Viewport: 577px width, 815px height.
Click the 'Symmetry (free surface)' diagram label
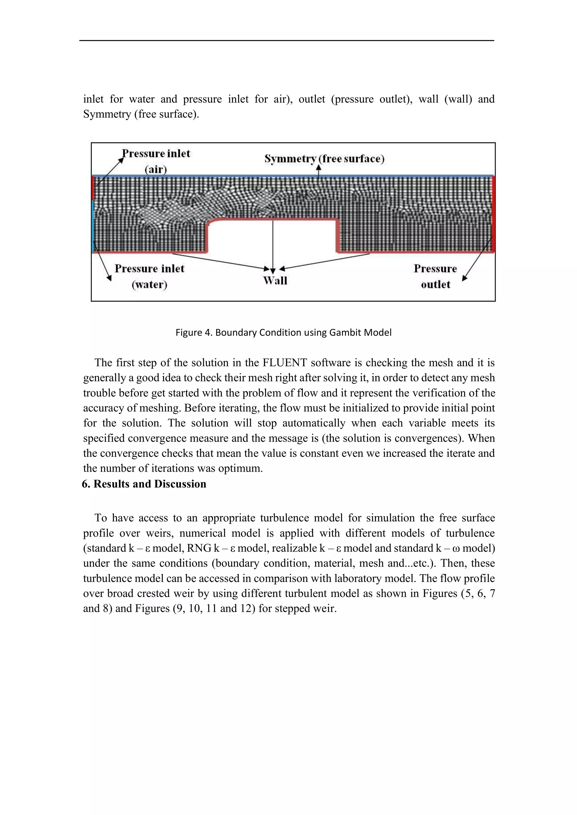[324, 159]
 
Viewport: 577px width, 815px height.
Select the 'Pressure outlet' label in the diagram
[435, 276]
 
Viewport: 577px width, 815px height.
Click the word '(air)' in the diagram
[156, 169]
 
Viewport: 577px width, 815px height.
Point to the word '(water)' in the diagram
[149, 284]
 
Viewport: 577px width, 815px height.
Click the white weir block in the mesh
[272, 237]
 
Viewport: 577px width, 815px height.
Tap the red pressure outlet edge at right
[493, 213]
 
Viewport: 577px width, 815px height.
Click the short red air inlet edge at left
[93, 188]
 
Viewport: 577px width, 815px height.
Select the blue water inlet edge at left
[93, 225]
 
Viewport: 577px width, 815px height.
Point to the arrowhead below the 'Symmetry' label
[319, 168]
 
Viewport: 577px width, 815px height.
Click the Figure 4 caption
[283, 333]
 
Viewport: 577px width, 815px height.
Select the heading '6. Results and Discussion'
[144, 484]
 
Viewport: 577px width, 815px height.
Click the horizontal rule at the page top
[286, 41]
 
